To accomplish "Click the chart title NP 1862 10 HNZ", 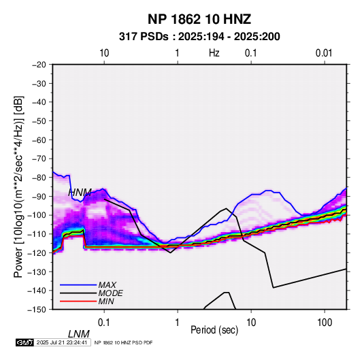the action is point(199,19).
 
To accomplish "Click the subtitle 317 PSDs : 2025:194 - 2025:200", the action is point(199,37).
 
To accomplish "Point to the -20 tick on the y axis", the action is point(39,65).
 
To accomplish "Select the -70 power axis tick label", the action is point(39,159).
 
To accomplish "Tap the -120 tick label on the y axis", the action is point(37,252).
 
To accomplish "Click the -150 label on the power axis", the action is point(37,310).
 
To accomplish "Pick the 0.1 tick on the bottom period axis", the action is point(104,323).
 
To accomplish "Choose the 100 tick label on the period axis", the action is point(325,323).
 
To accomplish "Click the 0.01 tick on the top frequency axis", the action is point(324,53).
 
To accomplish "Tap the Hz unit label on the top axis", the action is point(214,53).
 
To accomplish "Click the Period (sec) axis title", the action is point(214,330).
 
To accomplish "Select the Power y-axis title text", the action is point(18,187).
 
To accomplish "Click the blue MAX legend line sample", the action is point(78,285).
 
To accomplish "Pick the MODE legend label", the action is point(110,293).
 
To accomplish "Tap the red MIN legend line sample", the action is point(78,301).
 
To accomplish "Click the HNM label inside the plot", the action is point(80,193).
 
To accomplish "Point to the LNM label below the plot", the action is point(79,334).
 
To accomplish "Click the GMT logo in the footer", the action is point(25,342).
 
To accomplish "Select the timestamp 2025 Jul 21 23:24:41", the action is point(62,342).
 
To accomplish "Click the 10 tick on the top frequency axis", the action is point(104,53).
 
